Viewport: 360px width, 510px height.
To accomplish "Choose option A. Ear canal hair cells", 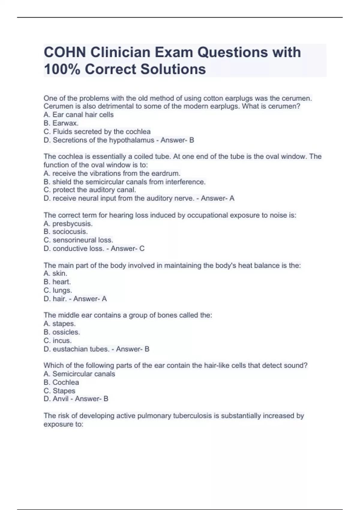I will click(79, 115).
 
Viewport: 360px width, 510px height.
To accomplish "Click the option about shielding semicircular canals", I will click(124, 182).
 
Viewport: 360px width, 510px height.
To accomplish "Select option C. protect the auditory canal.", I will click(90, 190).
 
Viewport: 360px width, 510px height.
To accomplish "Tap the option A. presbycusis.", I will click(68, 224).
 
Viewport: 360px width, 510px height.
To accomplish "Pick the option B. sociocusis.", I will click(66, 232).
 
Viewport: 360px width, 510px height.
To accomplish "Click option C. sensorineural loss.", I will click(78, 240).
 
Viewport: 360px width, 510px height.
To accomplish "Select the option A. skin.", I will click(55, 273).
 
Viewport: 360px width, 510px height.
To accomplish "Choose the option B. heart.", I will click(57, 282).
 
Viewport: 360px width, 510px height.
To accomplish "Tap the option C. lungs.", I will click(58, 290).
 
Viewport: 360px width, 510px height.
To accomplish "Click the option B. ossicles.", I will click(62, 332).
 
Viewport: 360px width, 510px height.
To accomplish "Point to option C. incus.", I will click(58, 340).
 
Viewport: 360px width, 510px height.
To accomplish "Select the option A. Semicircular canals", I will click(79, 374).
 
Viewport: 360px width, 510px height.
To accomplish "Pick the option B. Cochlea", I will click(61, 382).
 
